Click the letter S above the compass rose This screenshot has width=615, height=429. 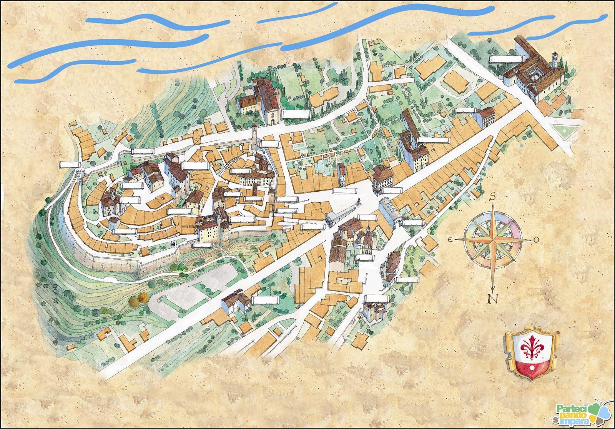(492, 197)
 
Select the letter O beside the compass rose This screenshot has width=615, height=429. (537, 240)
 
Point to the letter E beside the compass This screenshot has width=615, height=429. (449, 239)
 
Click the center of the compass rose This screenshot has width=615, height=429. (493, 239)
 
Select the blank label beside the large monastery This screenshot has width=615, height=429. (507, 59)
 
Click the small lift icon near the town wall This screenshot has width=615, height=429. (173, 243)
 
